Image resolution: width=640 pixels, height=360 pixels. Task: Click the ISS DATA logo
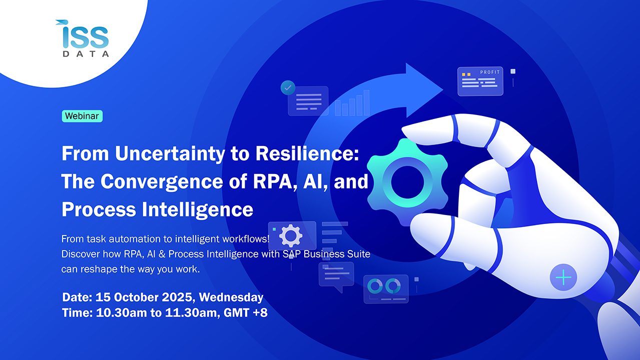click(82, 38)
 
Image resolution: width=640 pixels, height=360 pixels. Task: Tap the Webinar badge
click(82, 116)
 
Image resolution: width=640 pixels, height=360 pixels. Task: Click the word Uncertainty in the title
click(170, 154)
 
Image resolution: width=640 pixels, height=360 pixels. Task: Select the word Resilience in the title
click(307, 153)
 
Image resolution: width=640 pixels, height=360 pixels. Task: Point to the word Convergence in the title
click(162, 182)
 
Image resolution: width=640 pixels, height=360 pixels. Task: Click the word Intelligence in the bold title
click(198, 210)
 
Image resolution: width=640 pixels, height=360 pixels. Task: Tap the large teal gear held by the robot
click(407, 182)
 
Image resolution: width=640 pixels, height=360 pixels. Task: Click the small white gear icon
click(291, 235)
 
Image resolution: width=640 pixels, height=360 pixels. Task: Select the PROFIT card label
click(490, 72)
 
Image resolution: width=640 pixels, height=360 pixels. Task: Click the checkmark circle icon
click(288, 87)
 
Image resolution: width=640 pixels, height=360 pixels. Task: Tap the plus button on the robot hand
click(563, 277)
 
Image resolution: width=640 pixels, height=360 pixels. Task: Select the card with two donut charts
click(386, 288)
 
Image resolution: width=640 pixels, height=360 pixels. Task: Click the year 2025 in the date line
click(177, 297)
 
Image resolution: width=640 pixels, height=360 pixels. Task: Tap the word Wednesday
click(231, 297)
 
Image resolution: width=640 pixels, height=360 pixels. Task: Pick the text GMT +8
click(246, 313)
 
